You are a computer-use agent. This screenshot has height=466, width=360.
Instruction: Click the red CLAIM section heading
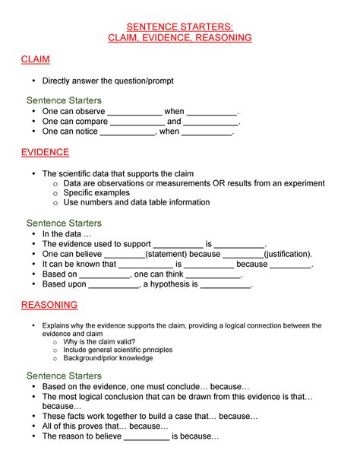(x=35, y=59)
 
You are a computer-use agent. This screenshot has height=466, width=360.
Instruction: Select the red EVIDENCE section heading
(x=45, y=152)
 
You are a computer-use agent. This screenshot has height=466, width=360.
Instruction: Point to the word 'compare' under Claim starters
(x=91, y=121)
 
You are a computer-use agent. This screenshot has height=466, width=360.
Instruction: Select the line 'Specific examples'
(x=96, y=193)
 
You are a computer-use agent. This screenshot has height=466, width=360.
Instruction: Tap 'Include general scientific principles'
(x=118, y=350)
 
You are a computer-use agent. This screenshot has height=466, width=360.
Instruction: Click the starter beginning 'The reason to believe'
(x=130, y=437)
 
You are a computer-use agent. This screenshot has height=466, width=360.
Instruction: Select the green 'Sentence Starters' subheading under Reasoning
(x=64, y=376)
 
